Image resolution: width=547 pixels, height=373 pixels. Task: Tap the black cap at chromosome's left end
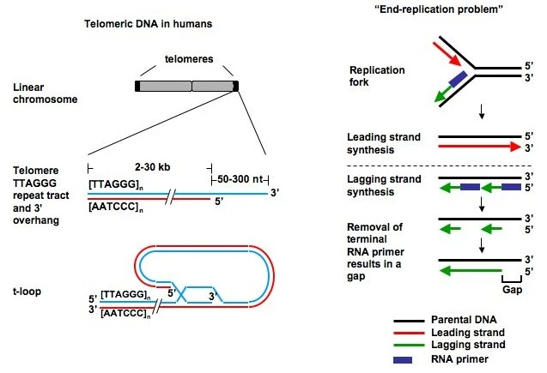[137, 87]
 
